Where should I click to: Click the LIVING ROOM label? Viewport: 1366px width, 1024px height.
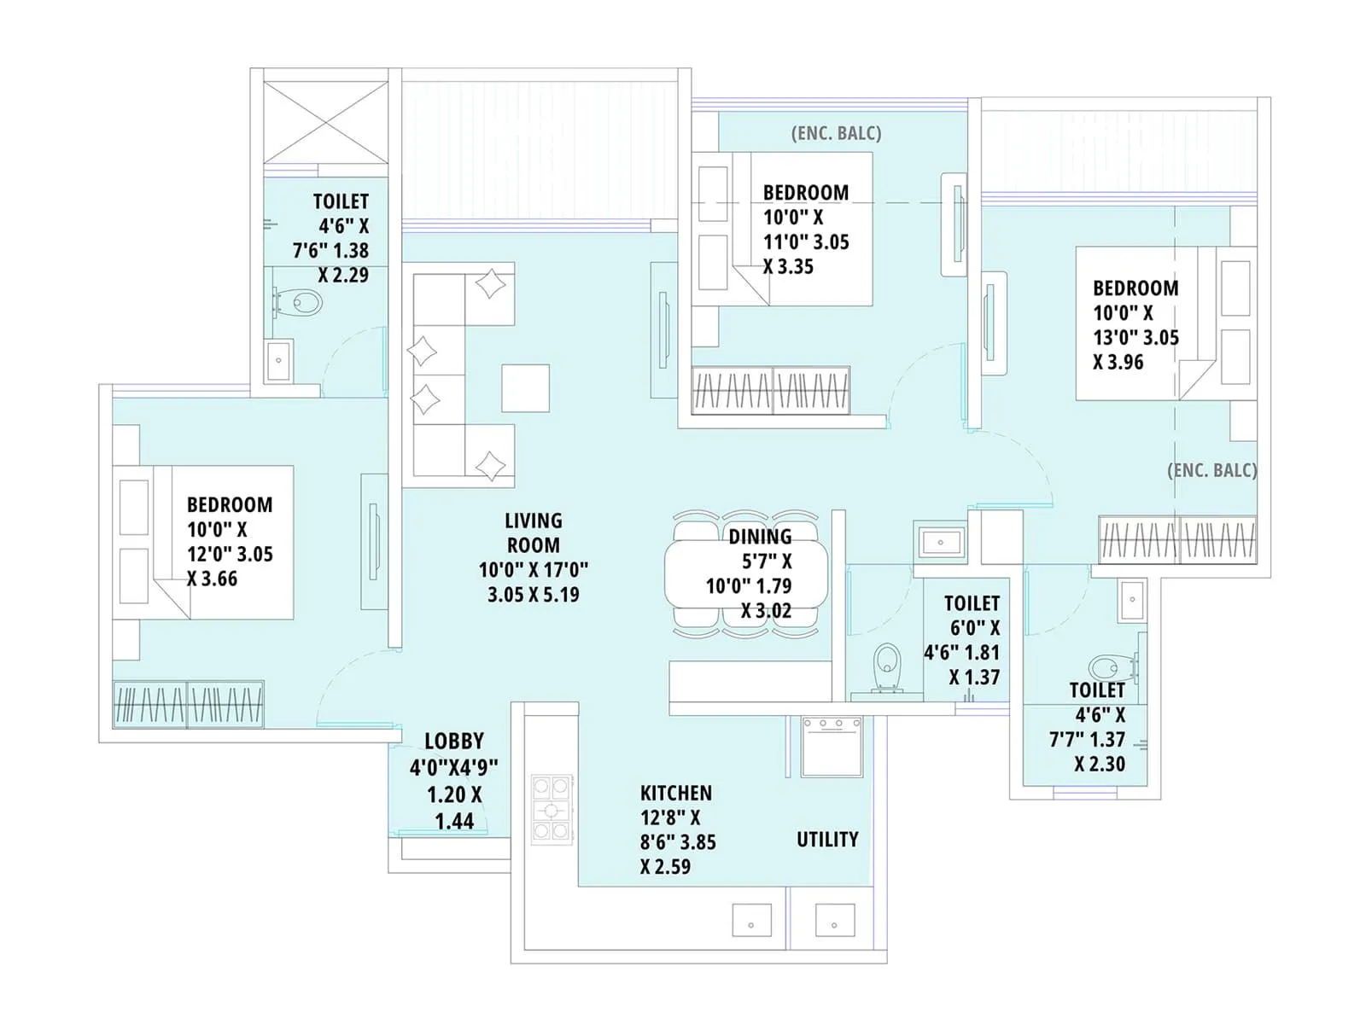[533, 532]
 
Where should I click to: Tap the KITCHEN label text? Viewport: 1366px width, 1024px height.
[676, 793]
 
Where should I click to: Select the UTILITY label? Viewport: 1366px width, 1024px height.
[827, 840]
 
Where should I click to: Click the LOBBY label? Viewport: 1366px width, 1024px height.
[454, 741]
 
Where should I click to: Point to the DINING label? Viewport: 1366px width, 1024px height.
[759, 537]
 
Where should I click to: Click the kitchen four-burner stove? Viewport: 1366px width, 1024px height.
[551, 808]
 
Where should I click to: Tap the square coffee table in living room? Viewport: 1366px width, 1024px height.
[525, 388]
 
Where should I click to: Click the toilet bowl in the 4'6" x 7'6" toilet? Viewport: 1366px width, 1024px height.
[300, 302]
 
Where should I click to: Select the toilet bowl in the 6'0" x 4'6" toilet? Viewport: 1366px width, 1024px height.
[888, 666]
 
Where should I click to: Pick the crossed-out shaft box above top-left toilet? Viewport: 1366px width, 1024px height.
[325, 121]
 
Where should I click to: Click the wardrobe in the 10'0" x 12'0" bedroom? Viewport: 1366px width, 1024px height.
[188, 704]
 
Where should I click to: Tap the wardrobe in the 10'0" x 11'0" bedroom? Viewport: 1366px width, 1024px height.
[771, 391]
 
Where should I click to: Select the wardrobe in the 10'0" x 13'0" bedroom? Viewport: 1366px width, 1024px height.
[1177, 539]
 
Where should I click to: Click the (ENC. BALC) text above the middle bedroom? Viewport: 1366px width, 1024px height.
[836, 133]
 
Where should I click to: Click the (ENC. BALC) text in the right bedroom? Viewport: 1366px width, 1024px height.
[1211, 470]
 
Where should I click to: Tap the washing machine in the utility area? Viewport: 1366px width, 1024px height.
[832, 747]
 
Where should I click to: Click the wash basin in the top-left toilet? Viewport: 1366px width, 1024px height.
[278, 361]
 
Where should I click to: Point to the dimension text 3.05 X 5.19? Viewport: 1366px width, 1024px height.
[533, 595]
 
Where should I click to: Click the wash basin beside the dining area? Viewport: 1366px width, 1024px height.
[940, 542]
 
